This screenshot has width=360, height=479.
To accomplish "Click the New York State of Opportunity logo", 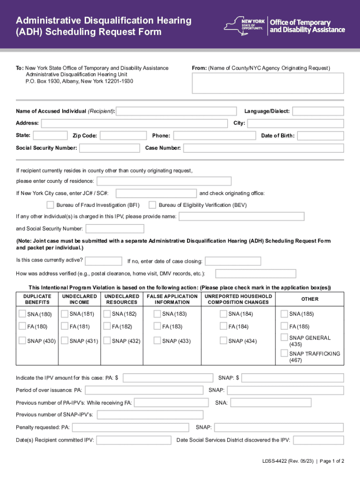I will (246, 26).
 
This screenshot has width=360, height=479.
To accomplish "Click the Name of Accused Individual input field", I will (176, 111).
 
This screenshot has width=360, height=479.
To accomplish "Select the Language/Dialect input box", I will (318, 111).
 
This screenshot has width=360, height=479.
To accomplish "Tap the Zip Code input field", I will (123, 136).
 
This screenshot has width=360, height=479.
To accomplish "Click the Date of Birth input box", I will (320, 136).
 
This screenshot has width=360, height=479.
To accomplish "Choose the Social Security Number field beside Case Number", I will (109, 148).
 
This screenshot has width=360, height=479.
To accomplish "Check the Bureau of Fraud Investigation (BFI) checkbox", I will (50, 205).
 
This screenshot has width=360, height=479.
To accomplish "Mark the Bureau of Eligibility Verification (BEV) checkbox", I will (152, 205).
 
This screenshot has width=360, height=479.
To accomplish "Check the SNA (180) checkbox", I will (22, 313).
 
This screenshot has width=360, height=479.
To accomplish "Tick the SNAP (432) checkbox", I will (107, 341).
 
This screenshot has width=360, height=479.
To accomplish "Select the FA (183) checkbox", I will (158, 326).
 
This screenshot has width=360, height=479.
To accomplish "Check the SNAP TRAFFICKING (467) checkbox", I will (284, 353).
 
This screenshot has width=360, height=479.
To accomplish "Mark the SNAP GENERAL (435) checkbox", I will (284, 337).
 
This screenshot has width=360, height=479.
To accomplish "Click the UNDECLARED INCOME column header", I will (79, 299).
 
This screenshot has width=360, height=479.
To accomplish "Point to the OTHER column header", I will (310, 299).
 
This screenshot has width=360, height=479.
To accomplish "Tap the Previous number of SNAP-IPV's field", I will (150, 415).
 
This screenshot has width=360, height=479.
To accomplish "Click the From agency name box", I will (268, 83).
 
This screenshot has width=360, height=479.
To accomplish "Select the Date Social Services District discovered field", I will (318, 440).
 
